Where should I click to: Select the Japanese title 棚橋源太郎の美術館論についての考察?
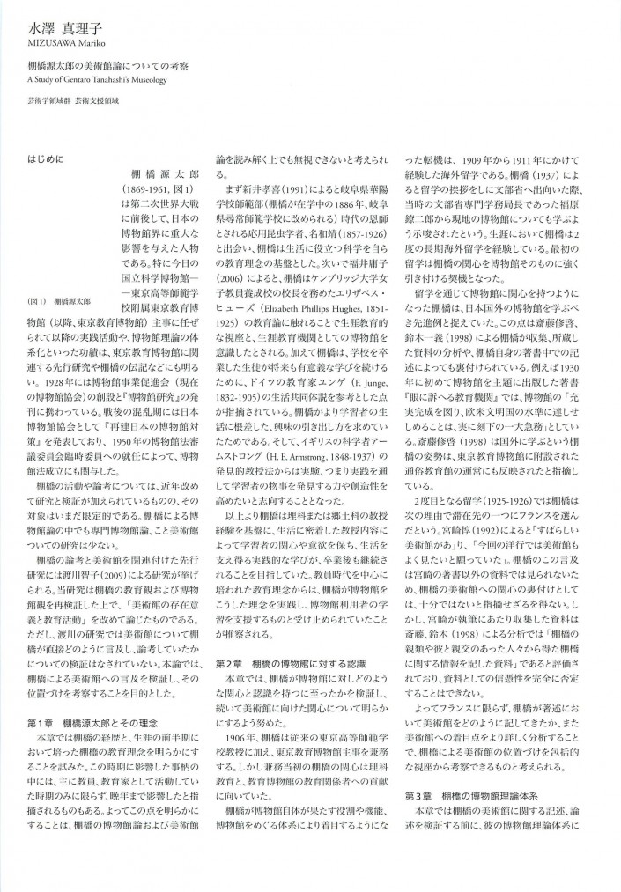click(103, 67)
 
